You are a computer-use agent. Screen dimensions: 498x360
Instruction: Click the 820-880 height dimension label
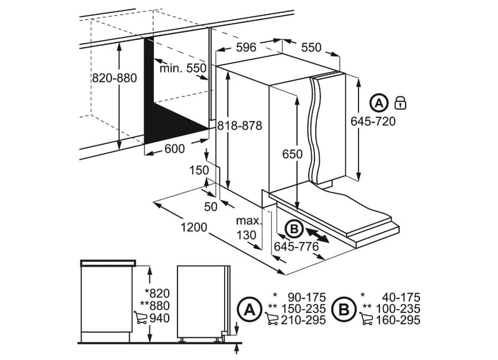point(115,78)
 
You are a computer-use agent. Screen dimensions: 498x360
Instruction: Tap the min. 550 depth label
point(183,68)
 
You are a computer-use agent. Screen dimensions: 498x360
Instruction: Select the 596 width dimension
point(246,48)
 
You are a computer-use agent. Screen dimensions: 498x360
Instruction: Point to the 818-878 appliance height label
point(240,126)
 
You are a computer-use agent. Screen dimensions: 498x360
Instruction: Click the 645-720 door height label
point(373,121)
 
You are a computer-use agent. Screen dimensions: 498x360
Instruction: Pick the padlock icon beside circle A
point(400,103)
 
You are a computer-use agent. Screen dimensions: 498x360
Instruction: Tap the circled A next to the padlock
point(379,103)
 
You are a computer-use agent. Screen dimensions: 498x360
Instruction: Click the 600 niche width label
point(175,148)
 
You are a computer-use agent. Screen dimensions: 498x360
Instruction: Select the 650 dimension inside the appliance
point(292,154)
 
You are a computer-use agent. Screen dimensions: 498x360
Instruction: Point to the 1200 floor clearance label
point(194,228)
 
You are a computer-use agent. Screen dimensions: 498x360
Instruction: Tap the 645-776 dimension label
point(297,246)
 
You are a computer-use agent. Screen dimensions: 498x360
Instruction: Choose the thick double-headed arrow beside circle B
point(318,234)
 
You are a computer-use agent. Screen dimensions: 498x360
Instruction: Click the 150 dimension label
point(199,171)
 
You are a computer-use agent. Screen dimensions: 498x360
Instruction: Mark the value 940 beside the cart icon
point(159,318)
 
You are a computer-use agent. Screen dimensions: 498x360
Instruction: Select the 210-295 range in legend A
point(303,320)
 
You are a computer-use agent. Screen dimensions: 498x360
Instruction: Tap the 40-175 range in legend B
point(401,297)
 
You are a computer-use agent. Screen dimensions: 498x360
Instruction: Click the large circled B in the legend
point(344,310)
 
